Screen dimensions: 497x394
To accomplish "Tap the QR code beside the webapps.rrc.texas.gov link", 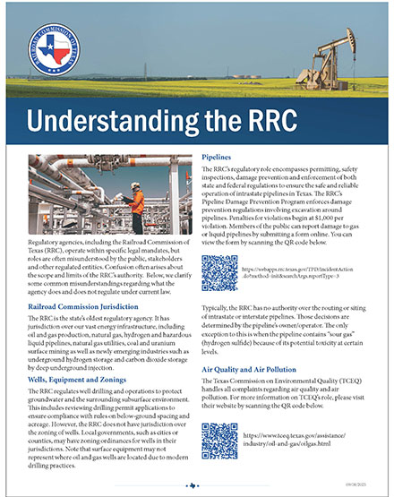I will [218, 270].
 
